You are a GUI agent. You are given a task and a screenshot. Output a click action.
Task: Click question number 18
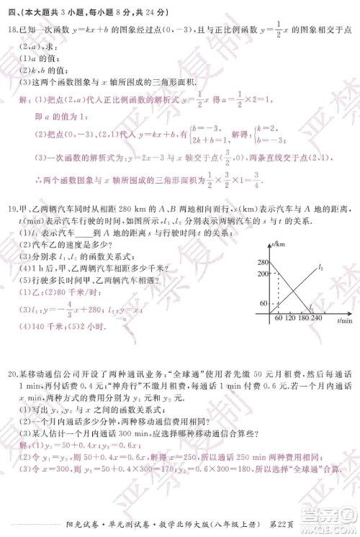12,29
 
